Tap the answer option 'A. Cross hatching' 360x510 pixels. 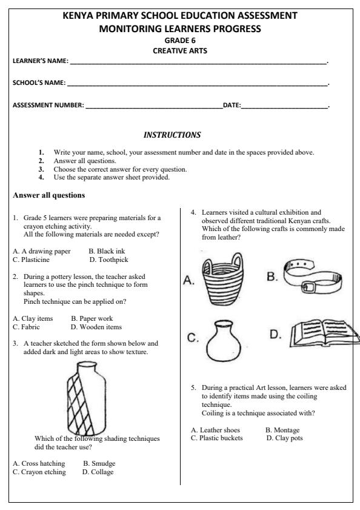[x=39, y=464]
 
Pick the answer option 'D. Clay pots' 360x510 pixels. [x=284, y=438]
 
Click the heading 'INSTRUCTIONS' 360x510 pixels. [x=172, y=133]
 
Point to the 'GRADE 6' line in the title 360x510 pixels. [x=180, y=41]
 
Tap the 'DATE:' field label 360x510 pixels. [x=232, y=106]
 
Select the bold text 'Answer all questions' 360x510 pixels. [x=48, y=196]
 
